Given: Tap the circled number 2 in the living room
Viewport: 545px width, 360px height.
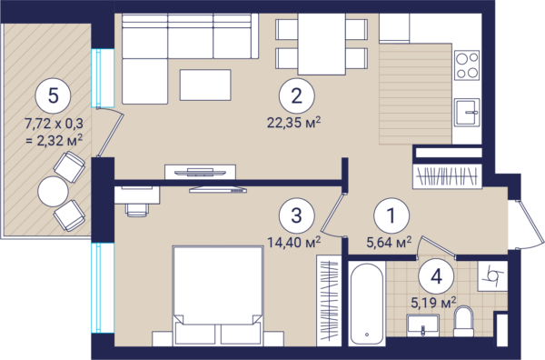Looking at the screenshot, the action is pyautogui.click(x=296, y=96).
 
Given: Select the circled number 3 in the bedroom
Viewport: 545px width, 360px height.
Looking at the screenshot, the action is pyautogui.click(x=296, y=215).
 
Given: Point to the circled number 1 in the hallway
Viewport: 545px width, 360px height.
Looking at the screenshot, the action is pyautogui.click(x=391, y=215).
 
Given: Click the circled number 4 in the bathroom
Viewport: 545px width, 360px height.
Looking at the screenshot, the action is pyautogui.click(x=436, y=277).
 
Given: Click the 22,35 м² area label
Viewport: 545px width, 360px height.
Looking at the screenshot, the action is pyautogui.click(x=293, y=123).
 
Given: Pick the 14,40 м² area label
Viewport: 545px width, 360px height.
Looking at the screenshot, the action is pyautogui.click(x=293, y=242).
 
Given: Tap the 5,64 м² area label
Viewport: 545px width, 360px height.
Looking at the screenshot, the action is pyautogui.click(x=389, y=242).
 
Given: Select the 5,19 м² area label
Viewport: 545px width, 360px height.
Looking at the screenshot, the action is pyautogui.click(x=433, y=303).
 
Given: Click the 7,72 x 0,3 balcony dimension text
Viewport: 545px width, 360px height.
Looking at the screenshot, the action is pyautogui.click(x=54, y=123).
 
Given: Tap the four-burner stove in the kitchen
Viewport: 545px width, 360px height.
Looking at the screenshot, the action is pyautogui.click(x=467, y=65).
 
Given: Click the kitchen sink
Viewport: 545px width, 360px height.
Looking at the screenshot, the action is pyautogui.click(x=467, y=113).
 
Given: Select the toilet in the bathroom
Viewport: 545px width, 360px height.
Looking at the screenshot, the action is pyautogui.click(x=463, y=321).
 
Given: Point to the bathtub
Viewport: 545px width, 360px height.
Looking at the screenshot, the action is pyautogui.click(x=367, y=304).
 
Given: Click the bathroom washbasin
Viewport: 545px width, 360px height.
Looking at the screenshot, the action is pyautogui.click(x=423, y=325).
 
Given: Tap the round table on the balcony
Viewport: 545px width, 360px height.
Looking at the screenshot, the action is pyautogui.click(x=53, y=191).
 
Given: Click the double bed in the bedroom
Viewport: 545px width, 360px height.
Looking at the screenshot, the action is pyautogui.click(x=218, y=295).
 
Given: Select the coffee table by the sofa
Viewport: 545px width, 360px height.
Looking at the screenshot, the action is pyautogui.click(x=205, y=85).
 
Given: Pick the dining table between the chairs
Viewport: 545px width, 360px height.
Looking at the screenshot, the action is pyautogui.click(x=322, y=45).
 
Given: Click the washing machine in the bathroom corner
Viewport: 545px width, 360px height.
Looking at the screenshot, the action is pyautogui.click(x=491, y=277).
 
